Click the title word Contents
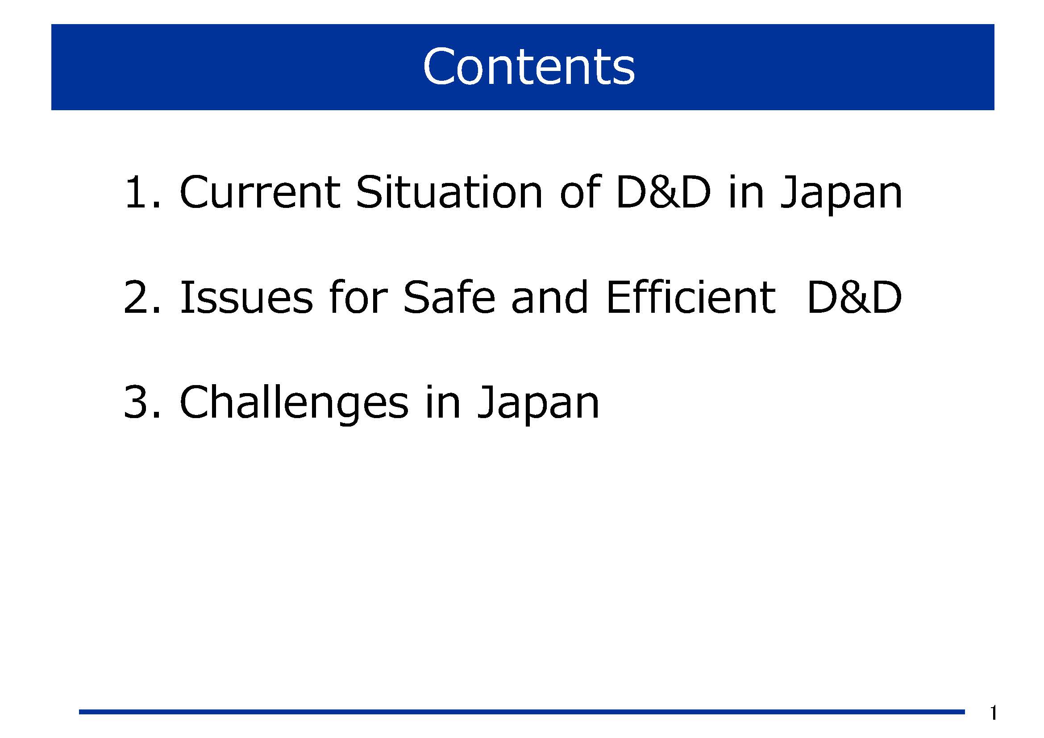(x=528, y=66)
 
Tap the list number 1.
(x=142, y=192)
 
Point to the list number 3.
(x=142, y=402)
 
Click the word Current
(x=260, y=192)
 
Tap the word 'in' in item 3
(x=442, y=402)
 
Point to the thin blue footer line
(x=522, y=712)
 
